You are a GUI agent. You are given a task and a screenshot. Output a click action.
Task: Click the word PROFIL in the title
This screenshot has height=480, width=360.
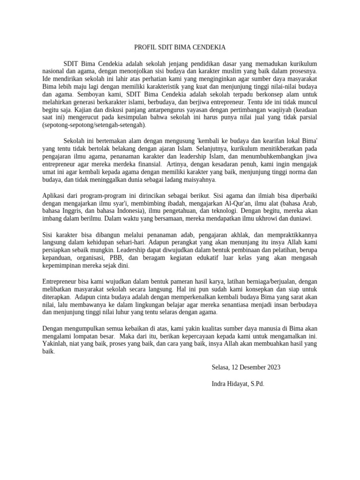coord(145,47)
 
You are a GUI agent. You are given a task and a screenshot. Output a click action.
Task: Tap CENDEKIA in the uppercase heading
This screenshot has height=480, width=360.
coord(208,47)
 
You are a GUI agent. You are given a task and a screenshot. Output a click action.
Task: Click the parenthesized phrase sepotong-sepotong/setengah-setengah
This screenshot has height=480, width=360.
coord(94,125)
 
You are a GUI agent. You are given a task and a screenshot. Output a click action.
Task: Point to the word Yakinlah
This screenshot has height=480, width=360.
coord(56,343)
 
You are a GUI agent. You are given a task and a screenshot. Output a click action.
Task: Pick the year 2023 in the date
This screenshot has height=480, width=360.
coord(272,367)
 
